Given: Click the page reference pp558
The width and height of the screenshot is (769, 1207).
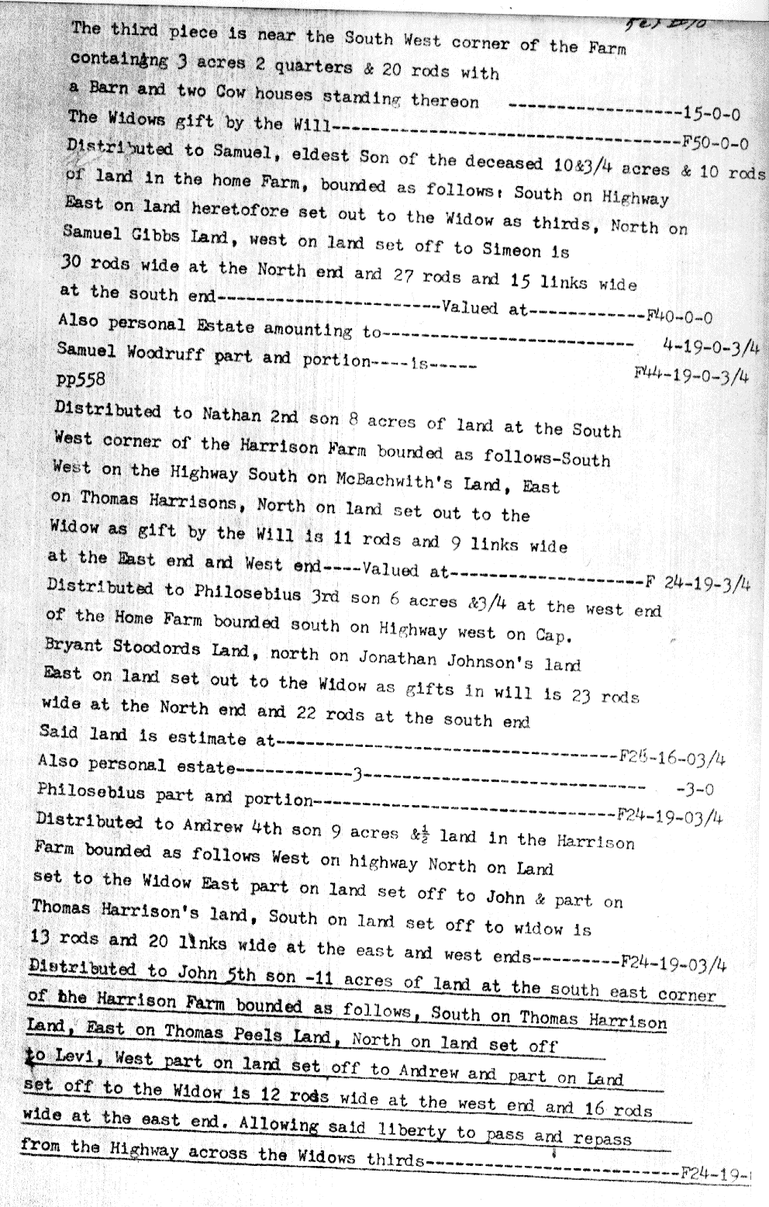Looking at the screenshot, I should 80,379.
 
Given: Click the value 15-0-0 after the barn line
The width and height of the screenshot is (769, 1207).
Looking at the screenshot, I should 711,114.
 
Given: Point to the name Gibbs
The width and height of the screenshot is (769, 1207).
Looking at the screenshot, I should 150,236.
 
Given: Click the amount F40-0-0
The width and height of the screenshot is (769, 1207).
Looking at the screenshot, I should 679,316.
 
